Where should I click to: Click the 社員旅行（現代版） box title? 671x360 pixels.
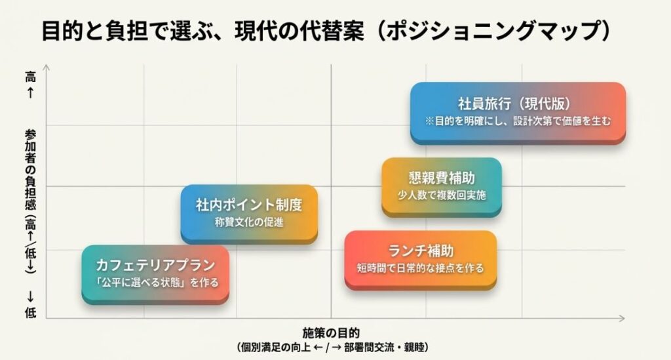click(x=518, y=104)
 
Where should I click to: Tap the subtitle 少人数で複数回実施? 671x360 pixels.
click(x=442, y=195)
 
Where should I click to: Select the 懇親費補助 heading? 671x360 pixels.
click(x=442, y=178)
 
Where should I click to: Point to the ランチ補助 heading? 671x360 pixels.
click(x=421, y=251)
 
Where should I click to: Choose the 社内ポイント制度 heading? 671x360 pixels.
click(x=249, y=205)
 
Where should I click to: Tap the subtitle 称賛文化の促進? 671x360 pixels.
click(x=249, y=222)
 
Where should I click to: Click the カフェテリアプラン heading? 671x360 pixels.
click(x=155, y=266)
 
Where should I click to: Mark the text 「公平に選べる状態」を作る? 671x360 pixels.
click(x=155, y=283)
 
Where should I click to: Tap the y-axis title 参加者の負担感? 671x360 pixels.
click(x=30, y=167)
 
